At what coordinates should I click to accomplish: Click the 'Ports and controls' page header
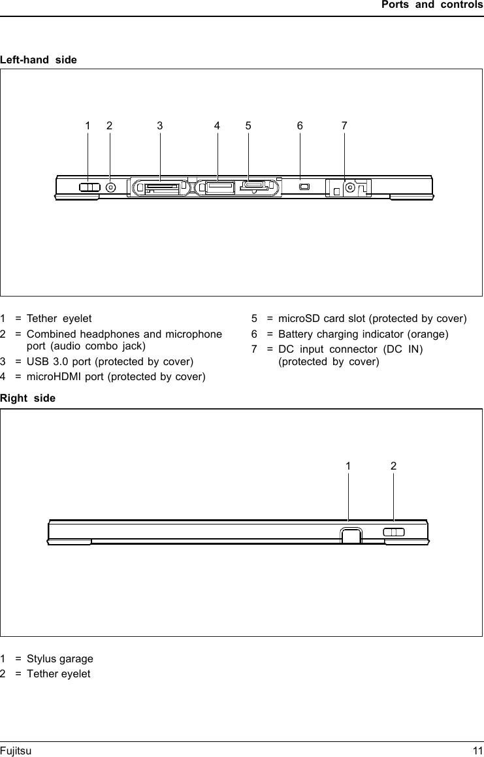click(432, 5)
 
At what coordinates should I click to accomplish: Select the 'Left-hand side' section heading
click(39, 60)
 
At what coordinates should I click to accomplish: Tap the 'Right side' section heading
click(28, 398)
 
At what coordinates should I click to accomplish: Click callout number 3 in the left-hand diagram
click(159, 125)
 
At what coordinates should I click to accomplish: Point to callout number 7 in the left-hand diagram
click(344, 125)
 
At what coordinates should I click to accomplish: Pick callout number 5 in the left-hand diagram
click(248, 125)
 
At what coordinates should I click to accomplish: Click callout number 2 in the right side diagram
click(393, 466)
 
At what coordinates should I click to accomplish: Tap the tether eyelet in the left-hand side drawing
click(89, 187)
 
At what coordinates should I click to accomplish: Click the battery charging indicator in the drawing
click(303, 188)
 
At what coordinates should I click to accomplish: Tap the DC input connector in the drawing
click(350, 189)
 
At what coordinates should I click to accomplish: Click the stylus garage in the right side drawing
click(350, 535)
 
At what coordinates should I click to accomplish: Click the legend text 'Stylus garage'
click(60, 658)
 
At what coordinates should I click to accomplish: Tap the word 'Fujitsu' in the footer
click(16, 751)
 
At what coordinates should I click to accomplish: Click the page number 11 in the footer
click(477, 751)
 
